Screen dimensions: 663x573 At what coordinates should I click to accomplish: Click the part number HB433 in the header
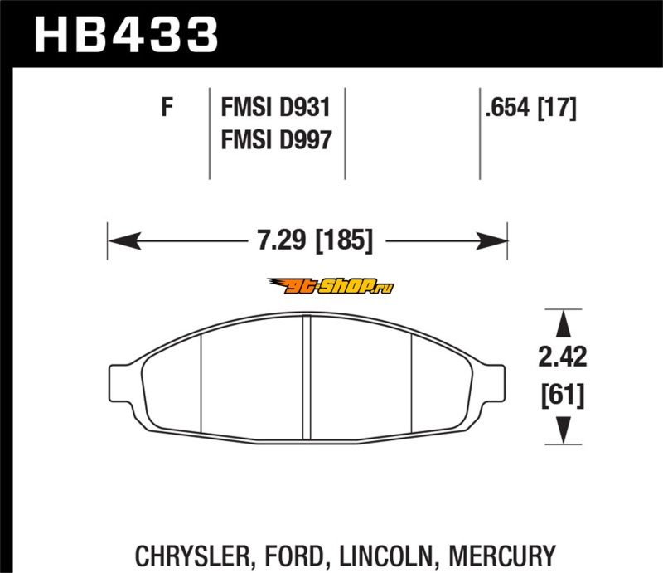click(x=126, y=35)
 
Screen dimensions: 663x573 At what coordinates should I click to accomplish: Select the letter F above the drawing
click(x=167, y=107)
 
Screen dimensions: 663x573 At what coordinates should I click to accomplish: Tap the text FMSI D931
click(x=275, y=107)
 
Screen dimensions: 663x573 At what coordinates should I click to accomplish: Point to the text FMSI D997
click(x=276, y=139)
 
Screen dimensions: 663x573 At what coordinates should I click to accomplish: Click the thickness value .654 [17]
click(x=530, y=107)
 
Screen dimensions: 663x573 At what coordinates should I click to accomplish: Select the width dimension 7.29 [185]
click(x=315, y=240)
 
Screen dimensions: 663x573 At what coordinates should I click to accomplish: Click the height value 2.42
click(x=563, y=357)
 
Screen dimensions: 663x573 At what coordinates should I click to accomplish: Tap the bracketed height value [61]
click(x=563, y=395)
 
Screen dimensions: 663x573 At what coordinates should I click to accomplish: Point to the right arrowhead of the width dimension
click(x=491, y=240)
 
